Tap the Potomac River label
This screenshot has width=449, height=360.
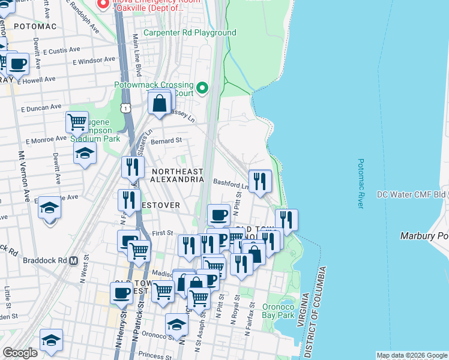(361, 184)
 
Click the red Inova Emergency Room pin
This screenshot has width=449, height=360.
(103, 4)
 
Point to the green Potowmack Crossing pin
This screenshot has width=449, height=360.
(202, 89)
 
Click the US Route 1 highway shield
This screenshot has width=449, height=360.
(125, 107)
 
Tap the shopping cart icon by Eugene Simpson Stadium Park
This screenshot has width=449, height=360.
(77, 122)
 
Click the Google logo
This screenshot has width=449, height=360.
(20, 353)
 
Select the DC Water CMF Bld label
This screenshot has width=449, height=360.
(412, 194)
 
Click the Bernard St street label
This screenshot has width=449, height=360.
(166, 141)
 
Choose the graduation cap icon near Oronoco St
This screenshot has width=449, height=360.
(176, 324)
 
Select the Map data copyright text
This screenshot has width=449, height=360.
(411, 355)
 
